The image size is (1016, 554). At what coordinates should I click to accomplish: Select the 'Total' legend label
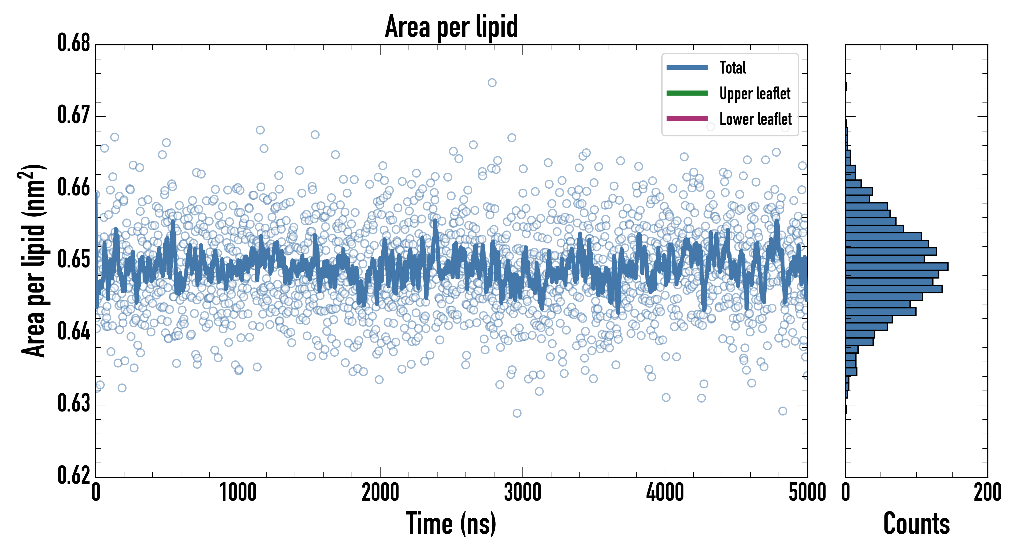tap(732, 67)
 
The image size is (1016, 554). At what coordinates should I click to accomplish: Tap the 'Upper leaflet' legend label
tap(755, 94)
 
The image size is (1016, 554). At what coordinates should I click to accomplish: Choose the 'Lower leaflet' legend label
tap(755, 119)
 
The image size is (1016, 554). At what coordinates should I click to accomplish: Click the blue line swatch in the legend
tap(687, 67)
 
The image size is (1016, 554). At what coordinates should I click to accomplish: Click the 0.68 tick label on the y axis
tap(74, 43)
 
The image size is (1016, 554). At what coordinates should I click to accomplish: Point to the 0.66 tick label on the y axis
tap(74, 187)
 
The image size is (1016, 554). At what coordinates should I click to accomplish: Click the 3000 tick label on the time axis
tap(522, 493)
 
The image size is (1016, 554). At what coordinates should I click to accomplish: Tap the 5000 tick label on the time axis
tap(807, 493)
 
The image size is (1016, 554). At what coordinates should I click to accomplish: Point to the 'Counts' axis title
tap(916, 524)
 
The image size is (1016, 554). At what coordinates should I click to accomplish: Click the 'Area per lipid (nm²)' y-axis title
tap(33, 260)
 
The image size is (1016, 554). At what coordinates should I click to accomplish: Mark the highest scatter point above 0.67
tap(492, 82)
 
